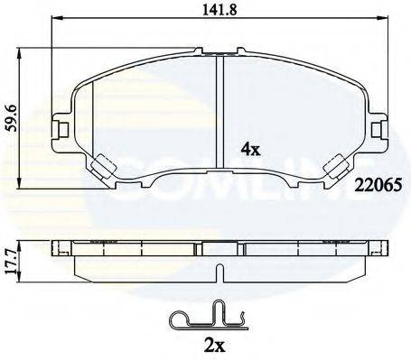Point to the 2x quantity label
click(215, 345)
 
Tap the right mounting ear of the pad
click(373, 129)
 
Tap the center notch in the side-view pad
click(219, 268)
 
